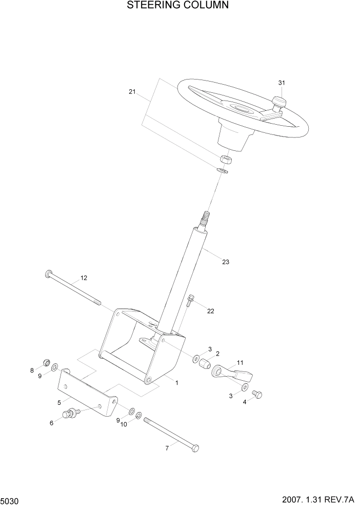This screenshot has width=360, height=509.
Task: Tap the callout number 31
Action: [281, 83]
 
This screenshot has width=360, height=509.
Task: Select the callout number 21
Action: [132, 92]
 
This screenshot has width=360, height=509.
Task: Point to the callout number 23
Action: [226, 262]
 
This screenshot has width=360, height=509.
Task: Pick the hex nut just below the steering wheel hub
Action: [225, 159]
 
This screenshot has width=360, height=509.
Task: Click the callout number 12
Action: [84, 278]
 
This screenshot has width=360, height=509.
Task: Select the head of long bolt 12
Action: [48, 274]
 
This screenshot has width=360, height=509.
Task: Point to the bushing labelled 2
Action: [205, 365]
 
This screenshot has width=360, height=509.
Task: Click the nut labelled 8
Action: [46, 364]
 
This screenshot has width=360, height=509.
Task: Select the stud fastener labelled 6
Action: [71, 413]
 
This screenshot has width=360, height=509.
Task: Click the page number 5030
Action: [10, 499]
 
